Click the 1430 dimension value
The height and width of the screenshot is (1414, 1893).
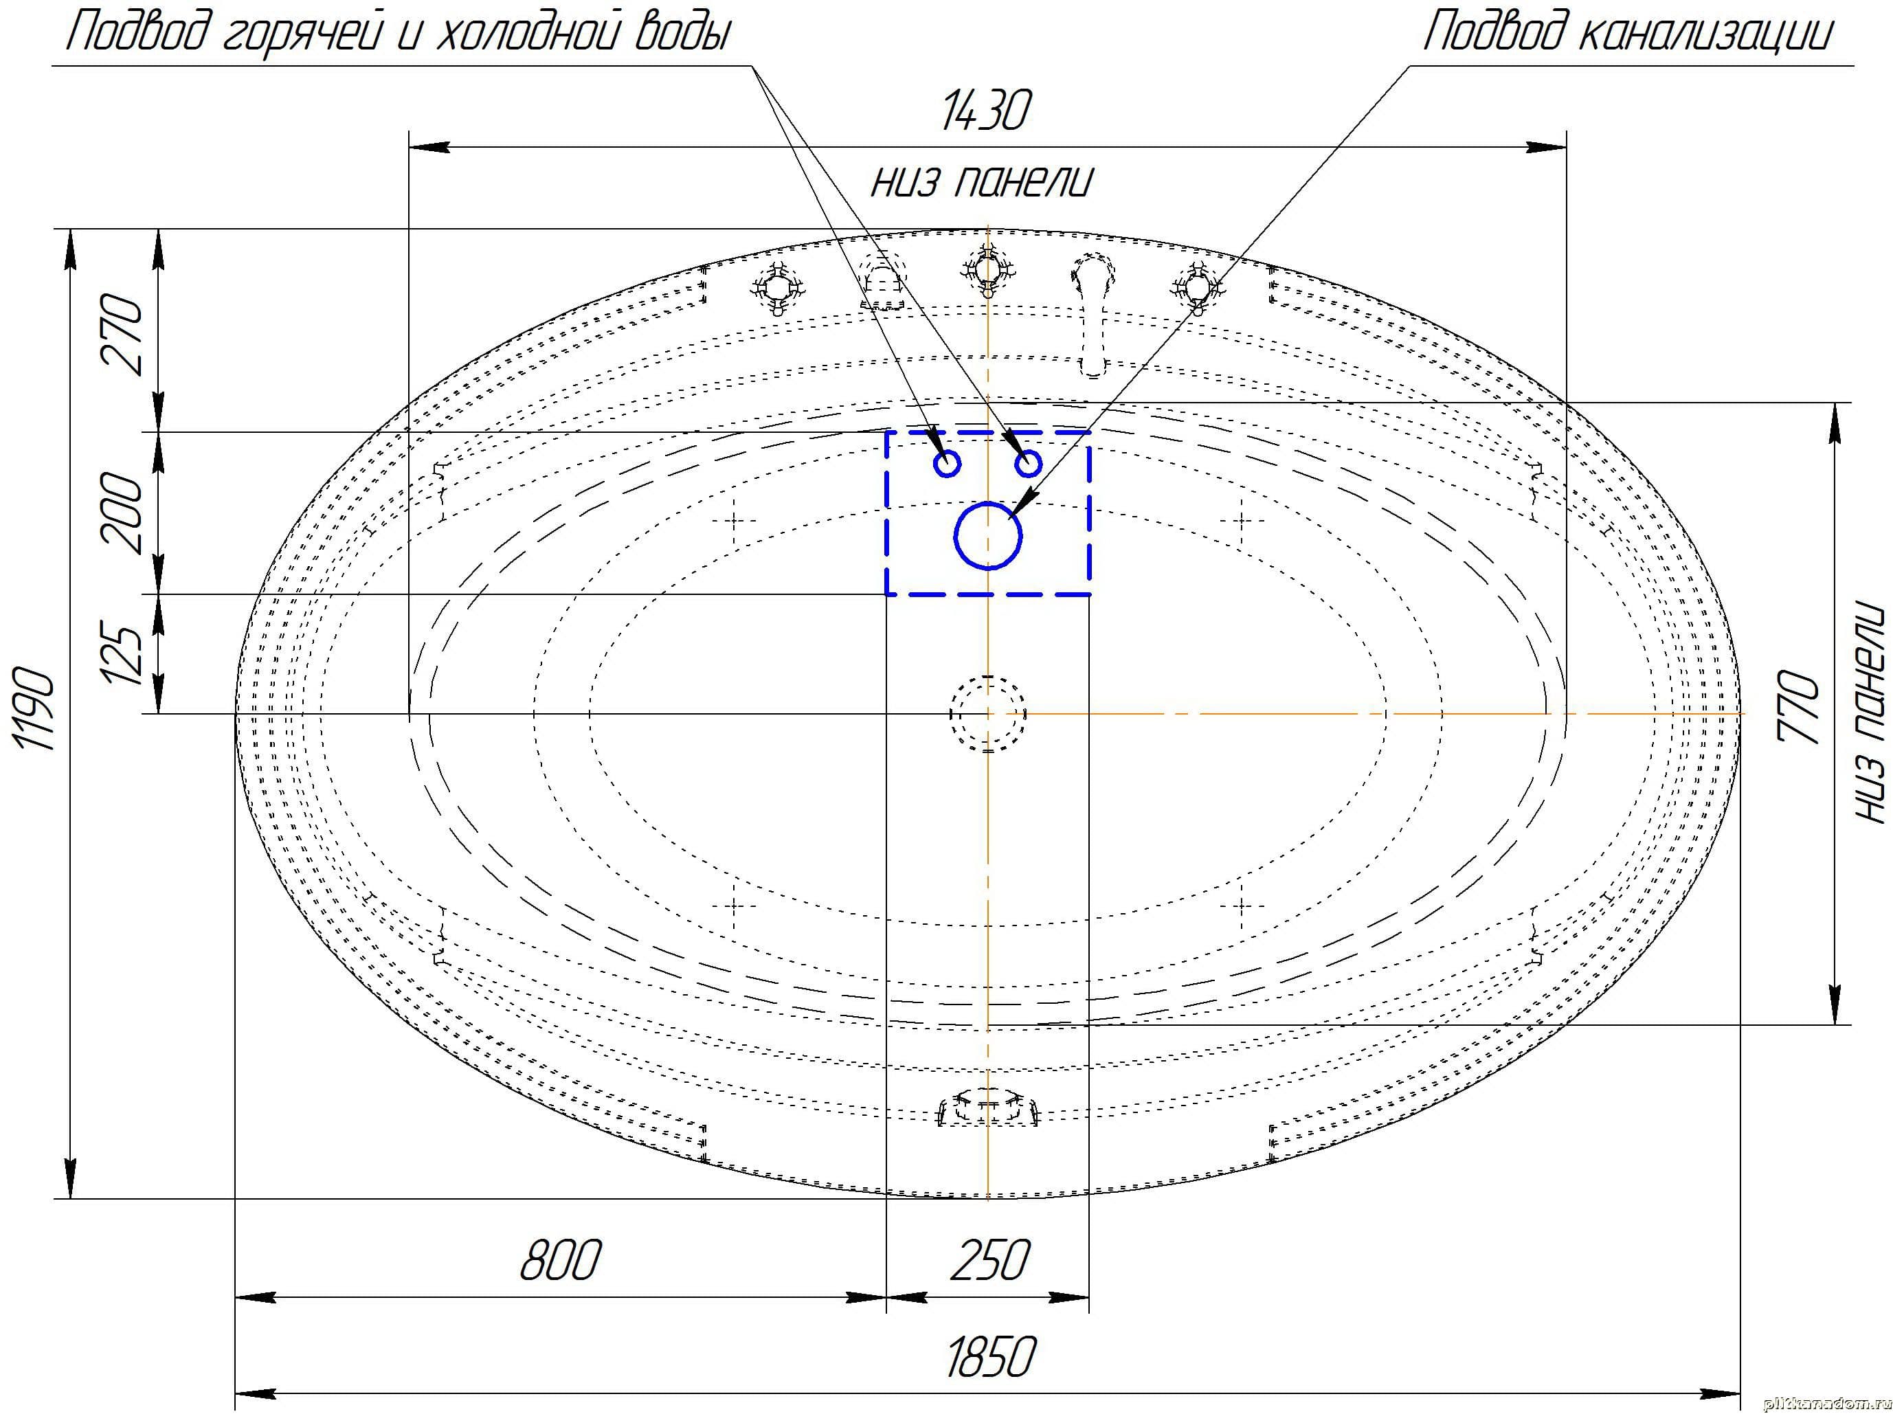pyautogui.click(x=985, y=111)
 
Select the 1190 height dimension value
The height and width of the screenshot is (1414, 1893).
pyautogui.click(x=36, y=710)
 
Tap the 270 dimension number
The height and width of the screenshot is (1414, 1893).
pyautogui.click(x=122, y=333)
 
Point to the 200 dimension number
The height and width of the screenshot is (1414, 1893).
pyautogui.click(x=122, y=512)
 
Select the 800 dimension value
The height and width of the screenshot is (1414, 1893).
pyautogui.click(x=561, y=1260)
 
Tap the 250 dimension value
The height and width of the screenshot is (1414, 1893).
pyautogui.click(x=989, y=1260)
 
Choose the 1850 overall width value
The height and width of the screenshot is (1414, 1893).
pyautogui.click(x=990, y=1357)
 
